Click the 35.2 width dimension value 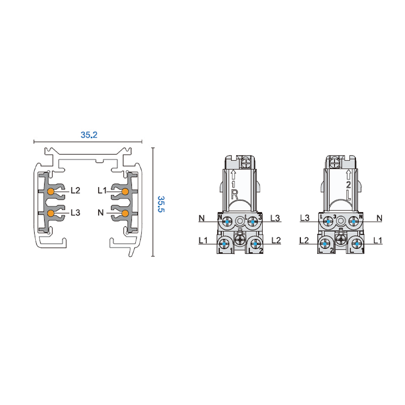pyautogui.click(x=89, y=135)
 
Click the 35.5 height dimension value pyautogui.click(x=161, y=204)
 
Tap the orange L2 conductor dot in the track pyautogui.click(x=51, y=192)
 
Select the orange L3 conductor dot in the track pyautogui.click(x=51, y=213)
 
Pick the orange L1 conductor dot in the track pyautogui.click(x=125, y=192)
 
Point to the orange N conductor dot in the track pyautogui.click(x=125, y=213)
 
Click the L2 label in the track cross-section pyautogui.click(x=75, y=190)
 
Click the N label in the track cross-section pyautogui.click(x=101, y=213)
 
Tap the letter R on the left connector pyautogui.click(x=234, y=194)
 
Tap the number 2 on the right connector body pyautogui.click(x=348, y=185)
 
